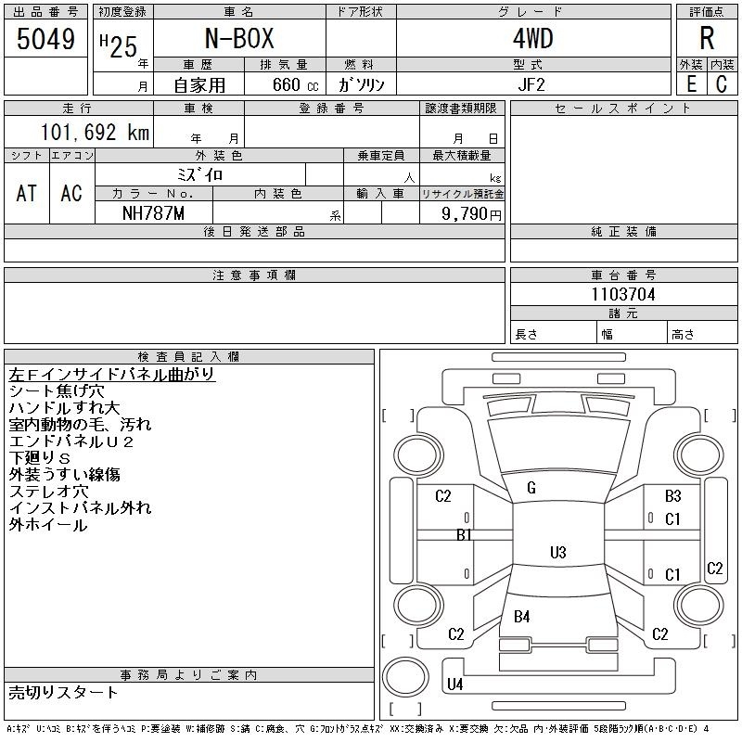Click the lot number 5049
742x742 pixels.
click(45, 39)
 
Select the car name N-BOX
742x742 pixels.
click(239, 38)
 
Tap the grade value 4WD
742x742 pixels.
click(532, 38)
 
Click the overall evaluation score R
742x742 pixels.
click(707, 38)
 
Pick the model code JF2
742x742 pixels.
click(531, 84)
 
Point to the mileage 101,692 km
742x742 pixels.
click(95, 132)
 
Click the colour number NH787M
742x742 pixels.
click(153, 213)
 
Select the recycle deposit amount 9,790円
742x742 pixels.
click(471, 214)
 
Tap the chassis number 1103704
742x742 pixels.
click(623, 294)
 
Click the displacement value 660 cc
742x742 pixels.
click(296, 84)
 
